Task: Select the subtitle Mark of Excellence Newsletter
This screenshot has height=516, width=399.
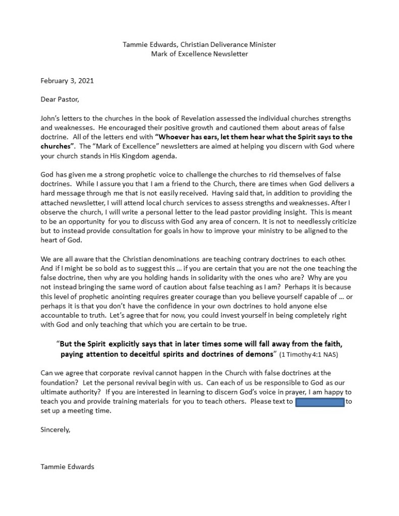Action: click(x=199, y=53)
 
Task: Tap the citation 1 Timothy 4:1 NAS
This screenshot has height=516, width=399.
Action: click(x=309, y=355)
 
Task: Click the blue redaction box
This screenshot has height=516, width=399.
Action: click(x=319, y=402)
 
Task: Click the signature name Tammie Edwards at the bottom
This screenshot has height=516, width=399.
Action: click(x=67, y=467)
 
